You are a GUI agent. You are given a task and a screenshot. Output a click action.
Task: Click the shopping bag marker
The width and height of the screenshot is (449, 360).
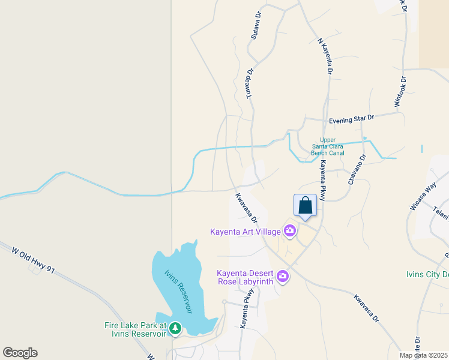(305, 206)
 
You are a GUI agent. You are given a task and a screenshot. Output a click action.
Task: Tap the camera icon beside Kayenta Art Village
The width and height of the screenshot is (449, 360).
(290, 231)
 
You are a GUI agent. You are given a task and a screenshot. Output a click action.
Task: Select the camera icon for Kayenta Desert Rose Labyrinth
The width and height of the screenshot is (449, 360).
(282, 276)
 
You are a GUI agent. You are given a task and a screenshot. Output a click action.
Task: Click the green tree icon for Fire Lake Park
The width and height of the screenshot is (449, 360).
(175, 328)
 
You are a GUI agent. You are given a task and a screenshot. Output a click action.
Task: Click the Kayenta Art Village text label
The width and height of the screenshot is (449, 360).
(245, 232)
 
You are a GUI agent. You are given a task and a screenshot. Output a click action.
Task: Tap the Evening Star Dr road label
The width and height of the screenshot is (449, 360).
(351, 119)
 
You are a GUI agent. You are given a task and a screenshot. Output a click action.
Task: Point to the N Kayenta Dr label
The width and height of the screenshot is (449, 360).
(325, 57)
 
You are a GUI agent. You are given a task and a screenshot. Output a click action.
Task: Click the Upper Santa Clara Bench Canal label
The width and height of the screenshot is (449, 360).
(328, 146)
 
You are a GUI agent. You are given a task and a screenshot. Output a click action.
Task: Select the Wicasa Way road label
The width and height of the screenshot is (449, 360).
(421, 197)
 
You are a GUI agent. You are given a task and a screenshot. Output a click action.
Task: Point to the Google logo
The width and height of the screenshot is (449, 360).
(20, 353)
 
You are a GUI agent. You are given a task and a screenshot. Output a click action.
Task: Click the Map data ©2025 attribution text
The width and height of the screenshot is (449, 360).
(423, 355)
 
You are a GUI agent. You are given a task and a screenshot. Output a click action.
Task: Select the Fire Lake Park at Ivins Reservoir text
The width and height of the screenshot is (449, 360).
(135, 329)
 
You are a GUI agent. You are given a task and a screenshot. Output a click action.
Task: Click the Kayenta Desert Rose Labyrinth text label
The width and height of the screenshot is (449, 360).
(245, 277)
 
